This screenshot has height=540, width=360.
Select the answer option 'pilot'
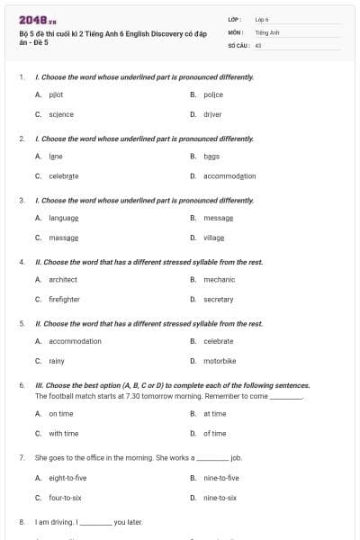(56, 94)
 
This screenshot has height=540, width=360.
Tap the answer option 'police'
(212, 94)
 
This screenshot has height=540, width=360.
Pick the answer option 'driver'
(212, 114)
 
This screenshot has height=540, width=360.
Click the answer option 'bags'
(211, 156)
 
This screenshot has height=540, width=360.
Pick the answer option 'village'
(213, 238)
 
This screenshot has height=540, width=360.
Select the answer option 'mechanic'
(219, 279)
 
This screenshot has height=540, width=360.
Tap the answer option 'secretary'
(218, 299)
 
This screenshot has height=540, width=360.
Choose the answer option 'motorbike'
(219, 361)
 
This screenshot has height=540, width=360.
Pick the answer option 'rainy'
(56, 361)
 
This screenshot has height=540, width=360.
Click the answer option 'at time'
(214, 413)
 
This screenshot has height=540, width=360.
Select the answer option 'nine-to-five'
(220, 477)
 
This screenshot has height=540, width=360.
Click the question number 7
(21, 457)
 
